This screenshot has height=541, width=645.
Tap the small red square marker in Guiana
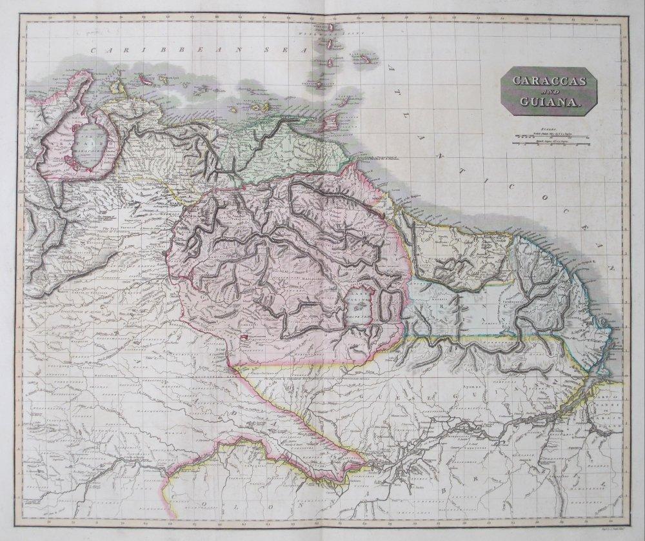coord(244,336)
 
